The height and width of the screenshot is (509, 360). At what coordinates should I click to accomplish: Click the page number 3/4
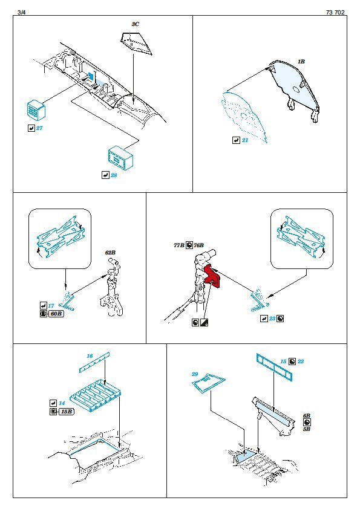pyautogui.click(x=21, y=12)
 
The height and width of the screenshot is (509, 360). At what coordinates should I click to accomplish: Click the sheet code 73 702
pyautogui.click(x=335, y=12)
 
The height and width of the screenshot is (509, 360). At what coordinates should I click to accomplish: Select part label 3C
pyautogui.click(x=135, y=24)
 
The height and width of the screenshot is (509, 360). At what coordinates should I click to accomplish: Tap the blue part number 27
pyautogui.click(x=39, y=128)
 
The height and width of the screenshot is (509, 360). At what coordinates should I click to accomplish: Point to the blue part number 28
pyautogui.click(x=114, y=175)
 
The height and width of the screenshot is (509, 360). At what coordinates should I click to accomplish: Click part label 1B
pyautogui.click(x=301, y=61)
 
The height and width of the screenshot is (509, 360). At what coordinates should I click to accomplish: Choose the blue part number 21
pyautogui.click(x=244, y=140)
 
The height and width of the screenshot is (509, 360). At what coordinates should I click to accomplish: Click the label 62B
pyautogui.click(x=110, y=253)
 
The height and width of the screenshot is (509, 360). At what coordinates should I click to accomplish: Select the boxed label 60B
pyautogui.click(x=56, y=314)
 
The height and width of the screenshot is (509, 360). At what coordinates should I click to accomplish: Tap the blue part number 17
pyautogui.click(x=51, y=306)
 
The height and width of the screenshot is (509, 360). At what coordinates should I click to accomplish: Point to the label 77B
pyautogui.click(x=178, y=245)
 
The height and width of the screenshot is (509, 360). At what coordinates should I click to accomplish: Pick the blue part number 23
pyautogui.click(x=272, y=319)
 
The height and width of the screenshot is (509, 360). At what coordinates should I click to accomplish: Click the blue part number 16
pyautogui.click(x=90, y=356)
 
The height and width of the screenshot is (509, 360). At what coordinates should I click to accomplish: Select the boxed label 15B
pyautogui.click(x=67, y=412)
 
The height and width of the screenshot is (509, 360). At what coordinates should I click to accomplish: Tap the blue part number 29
pyautogui.click(x=195, y=374)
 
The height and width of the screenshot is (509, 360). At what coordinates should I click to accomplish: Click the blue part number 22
pyautogui.click(x=301, y=361)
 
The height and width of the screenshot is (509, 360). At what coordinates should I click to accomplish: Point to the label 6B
pyautogui.click(x=306, y=416)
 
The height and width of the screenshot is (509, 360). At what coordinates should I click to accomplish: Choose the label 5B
pyautogui.click(x=306, y=429)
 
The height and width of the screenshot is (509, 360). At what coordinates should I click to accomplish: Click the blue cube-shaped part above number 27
pyautogui.click(x=35, y=109)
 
